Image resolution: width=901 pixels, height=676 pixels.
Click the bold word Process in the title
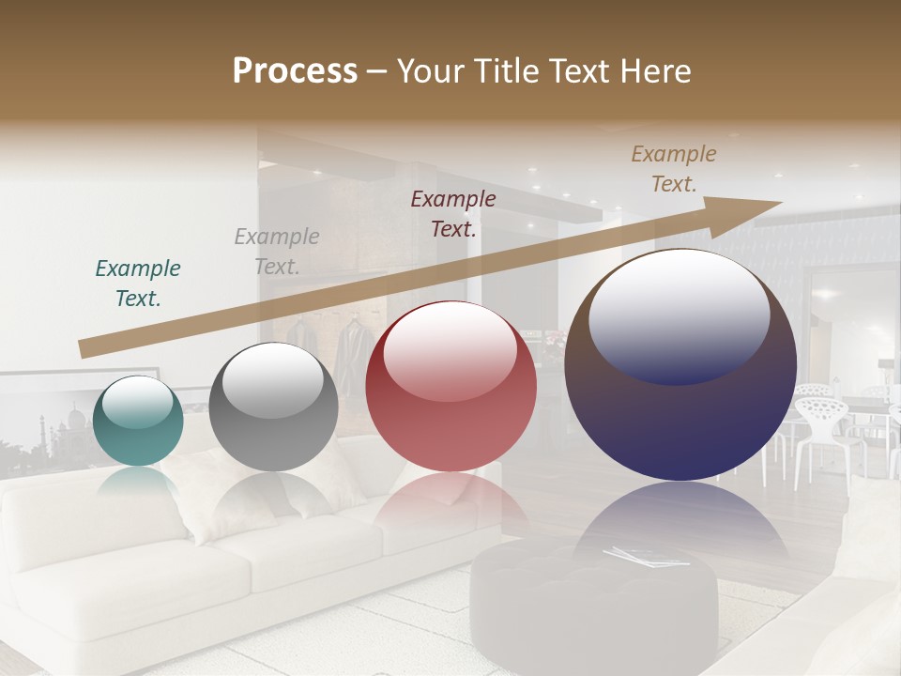(295, 71)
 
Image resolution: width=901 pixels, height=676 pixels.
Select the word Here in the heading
(654, 71)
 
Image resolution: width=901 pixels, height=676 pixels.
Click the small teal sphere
(138, 421)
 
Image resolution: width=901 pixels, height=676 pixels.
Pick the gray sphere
(273, 407)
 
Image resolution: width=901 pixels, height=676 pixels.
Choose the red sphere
(450, 386)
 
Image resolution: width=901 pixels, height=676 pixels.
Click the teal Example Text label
(138, 284)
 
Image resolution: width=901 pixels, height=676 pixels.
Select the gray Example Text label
(277, 252)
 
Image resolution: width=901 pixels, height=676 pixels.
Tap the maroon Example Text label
(453, 213)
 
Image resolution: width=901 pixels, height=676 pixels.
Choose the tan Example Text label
(674, 169)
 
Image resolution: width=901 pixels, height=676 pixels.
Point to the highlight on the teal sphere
(138, 402)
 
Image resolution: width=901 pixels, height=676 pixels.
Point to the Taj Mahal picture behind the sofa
(56, 422)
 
